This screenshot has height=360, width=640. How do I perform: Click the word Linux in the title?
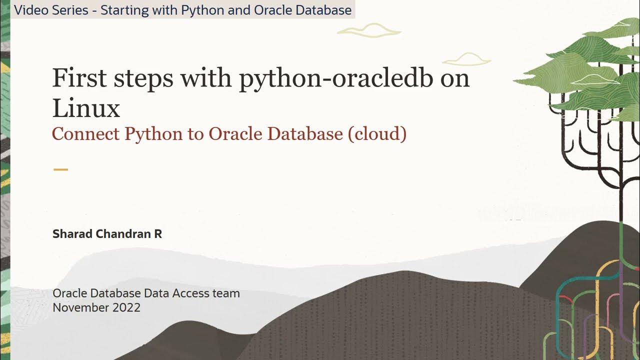point(86,108)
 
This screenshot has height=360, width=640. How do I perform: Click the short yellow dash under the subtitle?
point(60,169)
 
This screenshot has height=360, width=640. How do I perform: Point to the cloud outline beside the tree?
point(466,60)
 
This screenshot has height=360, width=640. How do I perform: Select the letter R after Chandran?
point(157,233)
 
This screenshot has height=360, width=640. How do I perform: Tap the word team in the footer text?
point(227,293)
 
